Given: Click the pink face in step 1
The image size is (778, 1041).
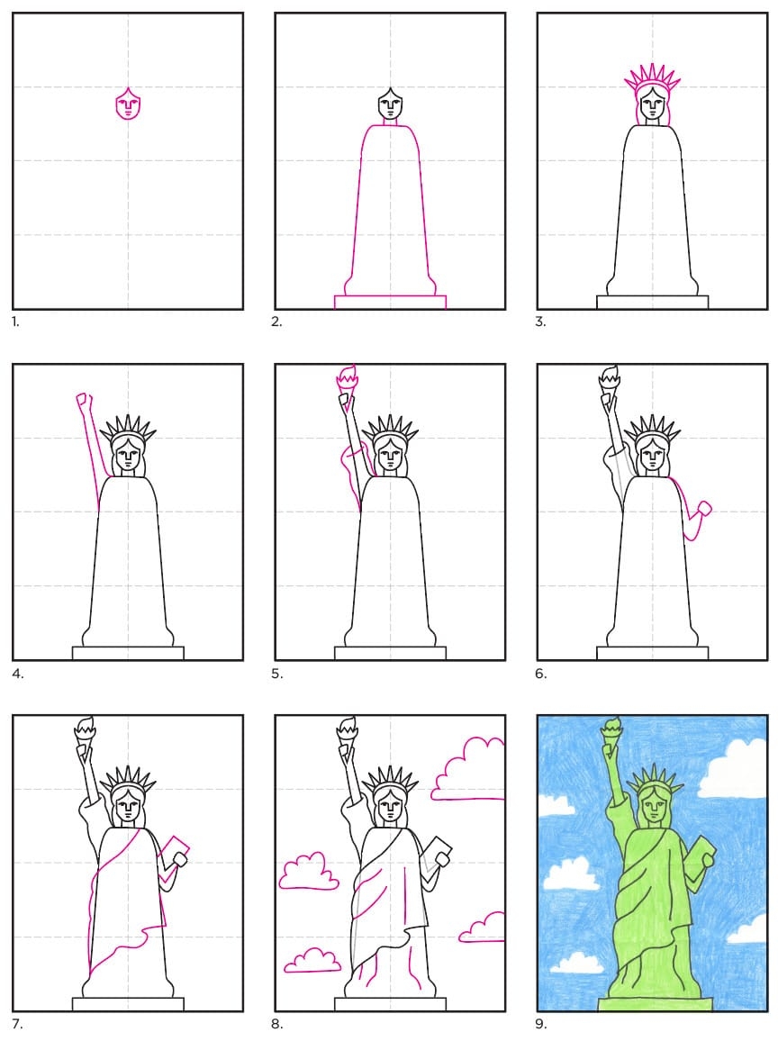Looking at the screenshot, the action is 128,104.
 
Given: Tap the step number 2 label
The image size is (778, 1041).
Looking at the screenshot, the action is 276,322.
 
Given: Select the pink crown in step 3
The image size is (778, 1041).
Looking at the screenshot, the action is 652,78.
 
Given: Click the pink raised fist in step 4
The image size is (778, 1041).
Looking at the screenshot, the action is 85,401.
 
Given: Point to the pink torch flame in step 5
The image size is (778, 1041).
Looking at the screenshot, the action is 348,377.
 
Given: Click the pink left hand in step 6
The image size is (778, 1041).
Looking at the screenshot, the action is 702,510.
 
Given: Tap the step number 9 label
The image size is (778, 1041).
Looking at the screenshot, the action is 540,1025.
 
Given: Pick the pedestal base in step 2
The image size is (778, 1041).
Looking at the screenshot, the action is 390,302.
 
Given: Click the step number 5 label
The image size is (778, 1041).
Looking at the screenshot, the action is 276,674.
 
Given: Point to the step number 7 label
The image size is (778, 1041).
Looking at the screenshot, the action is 17,1025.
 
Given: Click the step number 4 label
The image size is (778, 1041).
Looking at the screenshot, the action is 17,674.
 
